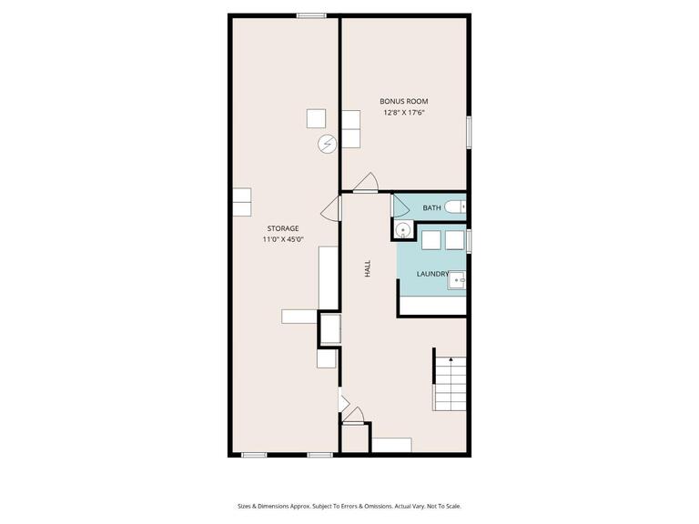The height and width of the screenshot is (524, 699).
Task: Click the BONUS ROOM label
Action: [x=404, y=101]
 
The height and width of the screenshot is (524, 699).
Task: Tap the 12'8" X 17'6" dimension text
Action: [x=404, y=113]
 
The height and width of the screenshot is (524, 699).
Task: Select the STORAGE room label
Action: [x=282, y=227]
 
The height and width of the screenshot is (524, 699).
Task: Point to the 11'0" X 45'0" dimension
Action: [x=282, y=239]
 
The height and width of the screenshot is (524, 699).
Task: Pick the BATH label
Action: [x=431, y=208]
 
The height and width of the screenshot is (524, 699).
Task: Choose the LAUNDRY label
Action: [x=432, y=274]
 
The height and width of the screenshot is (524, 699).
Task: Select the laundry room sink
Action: [x=458, y=281]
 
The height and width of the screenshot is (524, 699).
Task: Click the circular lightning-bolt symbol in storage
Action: [x=327, y=143]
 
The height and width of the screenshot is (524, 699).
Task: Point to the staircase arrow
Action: [x=450, y=361]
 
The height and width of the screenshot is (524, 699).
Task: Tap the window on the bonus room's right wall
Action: [x=470, y=131]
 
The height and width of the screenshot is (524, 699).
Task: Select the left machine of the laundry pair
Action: [x=431, y=239]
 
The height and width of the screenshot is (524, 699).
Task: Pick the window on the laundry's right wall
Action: [x=470, y=241]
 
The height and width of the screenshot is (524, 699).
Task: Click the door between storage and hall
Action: [x=334, y=209]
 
